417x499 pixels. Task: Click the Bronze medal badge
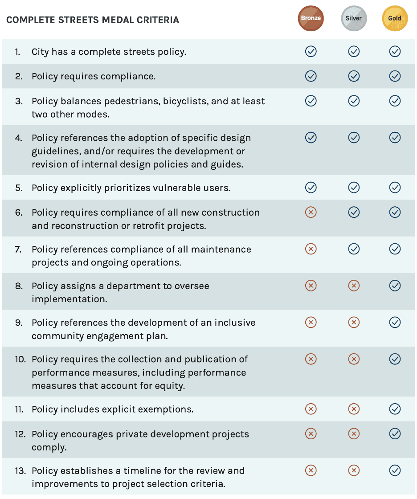pyautogui.click(x=311, y=19)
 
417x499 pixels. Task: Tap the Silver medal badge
pyautogui.click(x=354, y=19)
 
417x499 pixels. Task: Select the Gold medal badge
pyautogui.click(x=395, y=19)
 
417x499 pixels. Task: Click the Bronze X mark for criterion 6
pyautogui.click(x=311, y=212)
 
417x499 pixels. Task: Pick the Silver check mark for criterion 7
pyautogui.click(x=354, y=249)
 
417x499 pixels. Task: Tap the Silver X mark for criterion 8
pyautogui.click(x=354, y=285)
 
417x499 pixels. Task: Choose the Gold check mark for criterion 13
pyautogui.click(x=395, y=470)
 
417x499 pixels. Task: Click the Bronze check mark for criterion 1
pyautogui.click(x=311, y=52)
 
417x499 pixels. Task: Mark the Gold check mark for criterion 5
pyautogui.click(x=395, y=188)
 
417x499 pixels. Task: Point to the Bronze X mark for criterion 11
pyautogui.click(x=311, y=409)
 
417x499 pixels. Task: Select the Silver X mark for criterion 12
pyautogui.click(x=354, y=434)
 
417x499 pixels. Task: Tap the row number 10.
pyautogui.click(x=20, y=359)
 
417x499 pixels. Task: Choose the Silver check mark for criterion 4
pyautogui.click(x=354, y=138)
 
